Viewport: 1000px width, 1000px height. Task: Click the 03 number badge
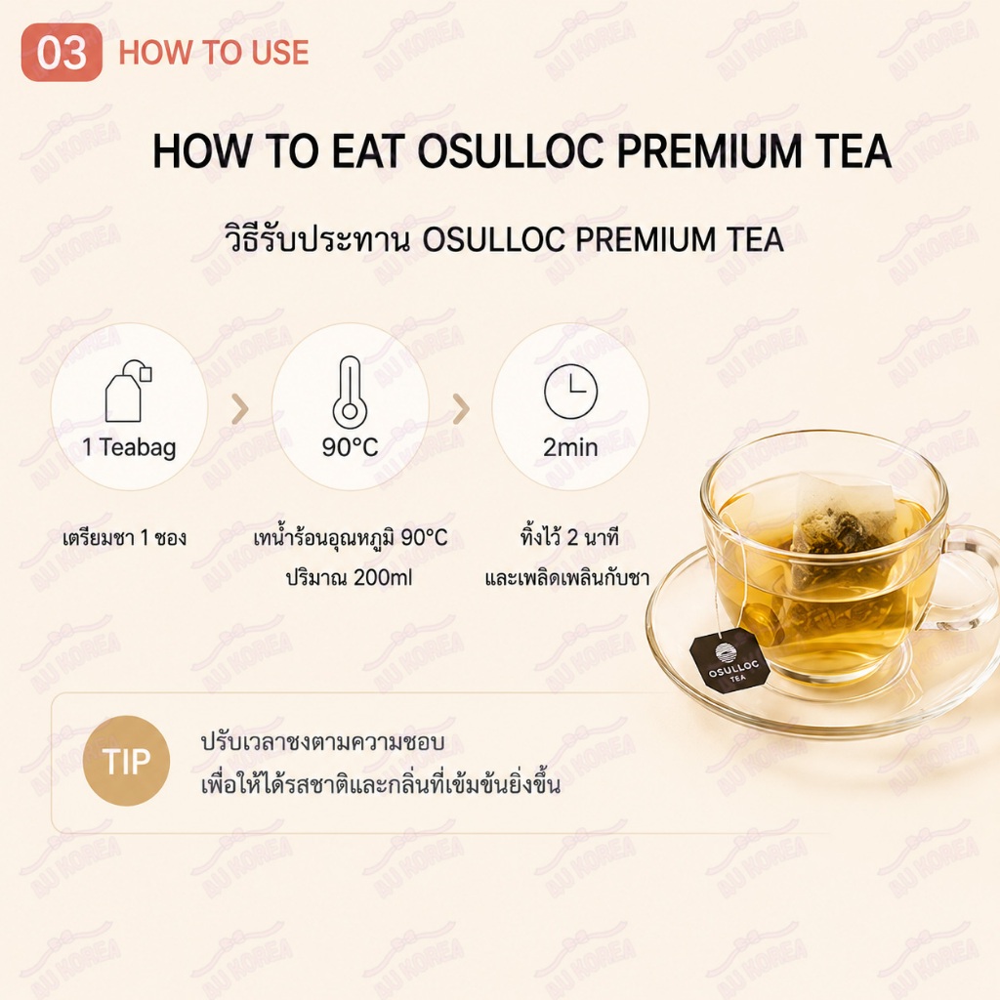(62, 53)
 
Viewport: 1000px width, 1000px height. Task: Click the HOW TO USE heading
(214, 53)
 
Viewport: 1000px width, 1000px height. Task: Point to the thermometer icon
(350, 393)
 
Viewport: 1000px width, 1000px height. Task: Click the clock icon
(570, 392)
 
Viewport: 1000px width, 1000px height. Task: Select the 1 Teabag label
(130, 447)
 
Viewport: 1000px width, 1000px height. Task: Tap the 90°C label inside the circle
(351, 447)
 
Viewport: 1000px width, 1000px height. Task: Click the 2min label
(570, 447)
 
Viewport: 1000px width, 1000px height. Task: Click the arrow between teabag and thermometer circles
(240, 409)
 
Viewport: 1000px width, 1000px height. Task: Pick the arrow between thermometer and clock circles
(461, 409)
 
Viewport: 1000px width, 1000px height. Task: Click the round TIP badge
(126, 761)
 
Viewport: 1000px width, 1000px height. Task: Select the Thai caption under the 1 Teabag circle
(125, 538)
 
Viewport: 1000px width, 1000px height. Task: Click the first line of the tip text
(322, 742)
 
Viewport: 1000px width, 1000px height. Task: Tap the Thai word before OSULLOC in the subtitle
(317, 240)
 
